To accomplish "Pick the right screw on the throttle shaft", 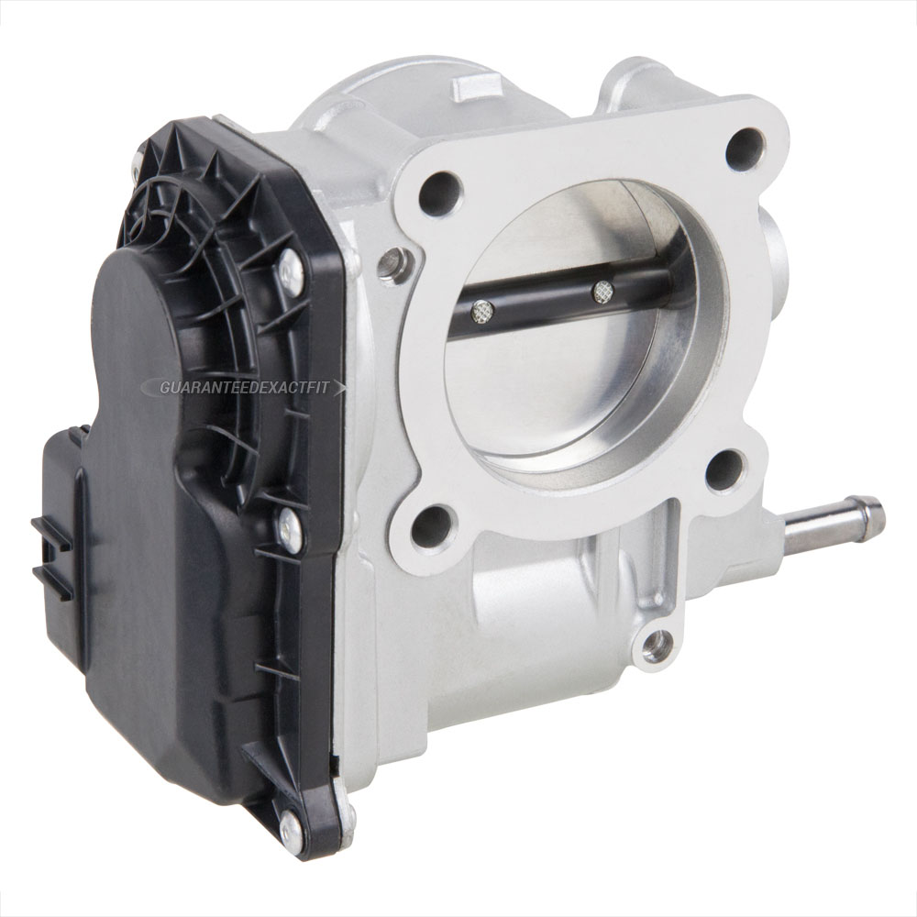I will coord(602,292).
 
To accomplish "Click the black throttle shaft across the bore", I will coord(550,303).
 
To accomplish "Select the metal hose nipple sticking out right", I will coord(830,526).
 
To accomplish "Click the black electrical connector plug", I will coord(60,532).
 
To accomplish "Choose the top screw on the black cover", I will coord(290,272).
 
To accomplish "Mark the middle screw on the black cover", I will coord(290,530).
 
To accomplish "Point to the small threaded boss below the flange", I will coord(655,647).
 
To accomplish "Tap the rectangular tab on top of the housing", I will coord(470,88).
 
